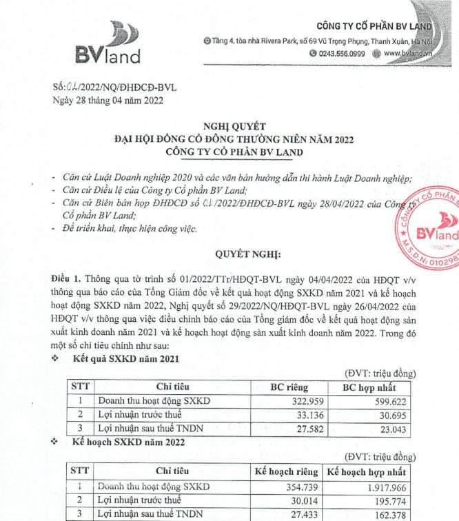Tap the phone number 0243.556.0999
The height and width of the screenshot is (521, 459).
[342, 53]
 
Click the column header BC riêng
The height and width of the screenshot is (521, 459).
[288, 387]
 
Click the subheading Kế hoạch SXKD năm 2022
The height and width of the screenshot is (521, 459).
[128, 441]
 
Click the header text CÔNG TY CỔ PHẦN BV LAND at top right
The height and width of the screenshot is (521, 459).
[374, 26]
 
